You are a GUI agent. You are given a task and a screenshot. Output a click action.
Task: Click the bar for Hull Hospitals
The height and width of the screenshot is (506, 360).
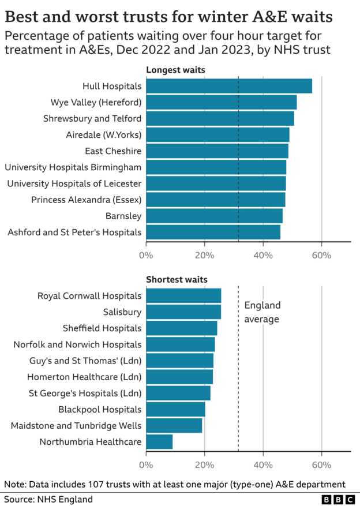(x=228, y=86)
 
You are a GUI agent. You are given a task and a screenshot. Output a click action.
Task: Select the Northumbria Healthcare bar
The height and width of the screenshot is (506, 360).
(x=159, y=442)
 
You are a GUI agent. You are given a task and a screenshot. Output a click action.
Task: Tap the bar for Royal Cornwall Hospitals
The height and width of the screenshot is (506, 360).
(x=183, y=296)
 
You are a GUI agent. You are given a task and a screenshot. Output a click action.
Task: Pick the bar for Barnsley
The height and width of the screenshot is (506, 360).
(x=214, y=216)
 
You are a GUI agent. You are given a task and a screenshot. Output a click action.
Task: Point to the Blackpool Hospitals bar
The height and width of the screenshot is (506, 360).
(x=175, y=410)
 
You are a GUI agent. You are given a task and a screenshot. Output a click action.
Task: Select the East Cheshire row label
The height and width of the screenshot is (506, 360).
(x=113, y=151)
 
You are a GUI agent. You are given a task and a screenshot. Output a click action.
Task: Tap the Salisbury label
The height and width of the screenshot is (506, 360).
(x=122, y=312)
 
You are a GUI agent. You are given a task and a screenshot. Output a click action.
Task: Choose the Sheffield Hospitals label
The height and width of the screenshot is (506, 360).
(x=102, y=328)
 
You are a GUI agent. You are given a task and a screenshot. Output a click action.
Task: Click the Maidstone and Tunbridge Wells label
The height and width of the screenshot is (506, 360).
(x=76, y=426)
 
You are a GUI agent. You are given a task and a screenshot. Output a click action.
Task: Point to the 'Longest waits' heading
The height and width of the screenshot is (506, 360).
(x=175, y=70)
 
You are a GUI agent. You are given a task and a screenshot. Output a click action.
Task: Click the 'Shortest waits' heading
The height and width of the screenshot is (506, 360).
(x=177, y=280)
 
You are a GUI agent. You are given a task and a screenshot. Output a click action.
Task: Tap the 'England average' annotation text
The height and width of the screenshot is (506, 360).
(x=262, y=312)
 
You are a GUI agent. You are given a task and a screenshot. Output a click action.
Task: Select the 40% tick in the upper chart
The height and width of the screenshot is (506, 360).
(x=263, y=256)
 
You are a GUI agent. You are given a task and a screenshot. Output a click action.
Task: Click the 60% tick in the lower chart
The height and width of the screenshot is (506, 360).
(x=321, y=465)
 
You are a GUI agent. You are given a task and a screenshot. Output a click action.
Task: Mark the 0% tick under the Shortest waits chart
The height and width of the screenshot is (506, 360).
(x=146, y=465)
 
